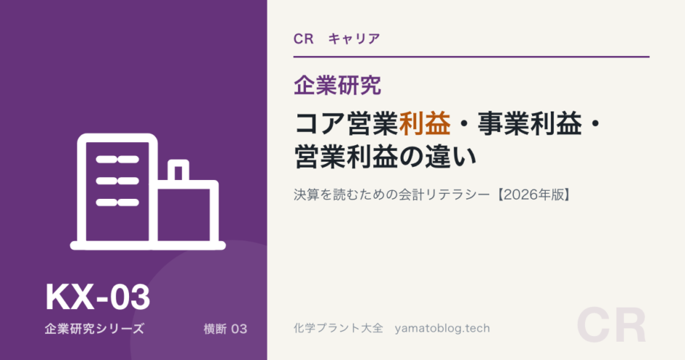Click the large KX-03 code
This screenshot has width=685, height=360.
click(98, 297)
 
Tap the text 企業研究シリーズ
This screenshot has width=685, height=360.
click(94, 329)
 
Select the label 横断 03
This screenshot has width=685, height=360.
click(225, 329)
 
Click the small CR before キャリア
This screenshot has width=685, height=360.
click(304, 39)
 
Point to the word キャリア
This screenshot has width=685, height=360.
click(354, 39)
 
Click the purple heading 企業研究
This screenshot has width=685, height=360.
click(337, 85)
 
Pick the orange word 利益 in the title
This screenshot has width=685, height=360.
click(425, 124)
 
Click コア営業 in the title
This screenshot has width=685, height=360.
click(346, 124)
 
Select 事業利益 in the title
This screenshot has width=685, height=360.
click(530, 124)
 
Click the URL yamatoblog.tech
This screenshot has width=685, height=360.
click(442, 329)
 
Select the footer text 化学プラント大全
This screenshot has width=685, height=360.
click(339, 328)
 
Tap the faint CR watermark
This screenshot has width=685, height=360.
click(611, 326)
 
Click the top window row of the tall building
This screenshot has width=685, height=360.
click(117, 160)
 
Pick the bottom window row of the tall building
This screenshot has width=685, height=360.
click(117, 203)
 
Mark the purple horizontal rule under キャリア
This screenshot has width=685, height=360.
click(471, 57)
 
